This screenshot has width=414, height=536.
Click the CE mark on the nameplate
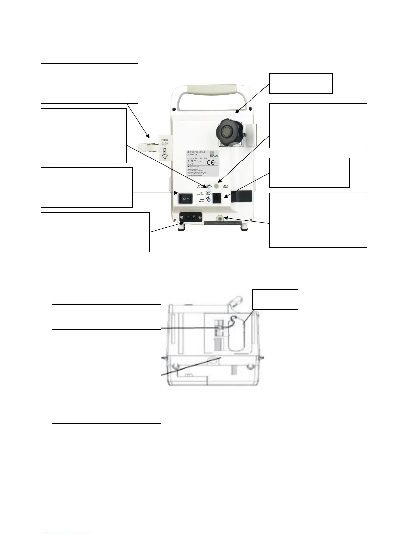pyautogui.click(x=210, y=162)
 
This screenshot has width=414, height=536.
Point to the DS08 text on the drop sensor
pyautogui.click(x=165, y=140)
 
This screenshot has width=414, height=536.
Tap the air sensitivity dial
pyautogui.click(x=209, y=194)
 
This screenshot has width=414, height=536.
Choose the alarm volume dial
pyautogui.click(x=209, y=200)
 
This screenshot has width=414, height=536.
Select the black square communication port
pyautogui.click(x=217, y=198)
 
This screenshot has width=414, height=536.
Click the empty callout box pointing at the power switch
pyautogui.click(x=86, y=187)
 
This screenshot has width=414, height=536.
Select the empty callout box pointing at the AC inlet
pyautogui.click(x=95, y=232)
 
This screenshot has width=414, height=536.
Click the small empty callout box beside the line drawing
pyautogui.click(x=275, y=299)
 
